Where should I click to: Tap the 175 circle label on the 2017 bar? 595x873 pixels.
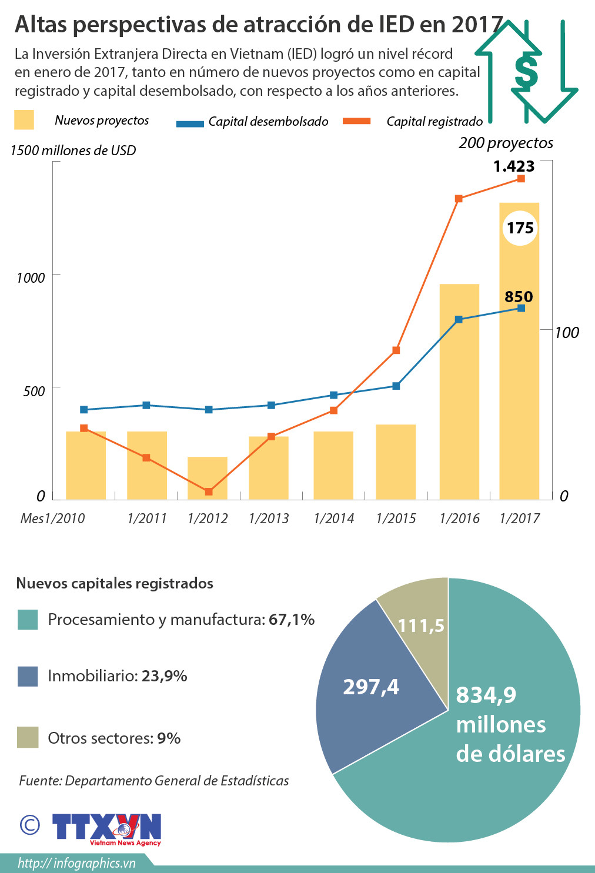click(x=520, y=228)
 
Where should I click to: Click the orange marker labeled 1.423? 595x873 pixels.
click(x=521, y=179)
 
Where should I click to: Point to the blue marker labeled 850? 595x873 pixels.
click(x=521, y=308)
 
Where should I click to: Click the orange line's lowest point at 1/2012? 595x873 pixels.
click(x=209, y=491)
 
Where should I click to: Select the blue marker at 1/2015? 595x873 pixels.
click(x=396, y=386)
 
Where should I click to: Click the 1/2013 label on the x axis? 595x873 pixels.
click(x=269, y=519)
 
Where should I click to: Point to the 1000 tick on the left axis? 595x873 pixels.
click(x=31, y=277)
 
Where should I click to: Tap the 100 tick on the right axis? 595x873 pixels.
click(x=567, y=333)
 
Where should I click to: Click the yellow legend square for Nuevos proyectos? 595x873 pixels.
click(x=24, y=120)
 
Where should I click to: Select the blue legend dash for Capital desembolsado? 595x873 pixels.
click(x=190, y=123)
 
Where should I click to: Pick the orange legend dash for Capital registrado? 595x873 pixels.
click(x=357, y=121)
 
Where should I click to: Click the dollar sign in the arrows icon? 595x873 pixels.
click(x=526, y=72)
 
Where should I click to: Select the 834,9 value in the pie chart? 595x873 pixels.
click(x=486, y=695)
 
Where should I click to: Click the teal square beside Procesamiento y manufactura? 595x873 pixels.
click(x=28, y=620)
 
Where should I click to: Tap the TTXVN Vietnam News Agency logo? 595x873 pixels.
click(x=106, y=829)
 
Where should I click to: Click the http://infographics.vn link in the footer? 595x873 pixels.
click(x=76, y=863)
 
